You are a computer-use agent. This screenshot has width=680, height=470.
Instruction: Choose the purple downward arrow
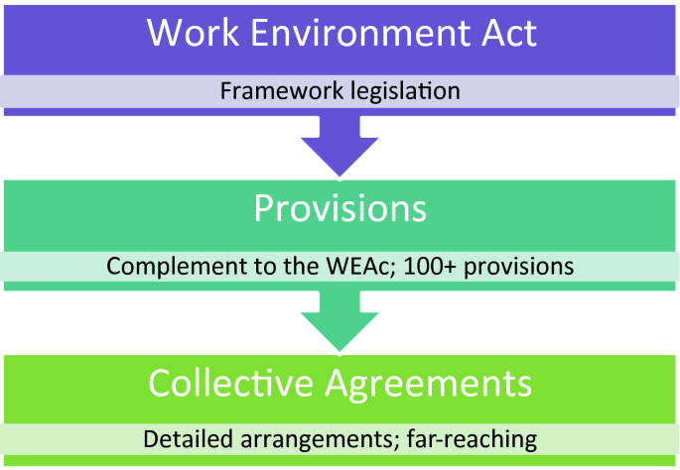click(x=340, y=145)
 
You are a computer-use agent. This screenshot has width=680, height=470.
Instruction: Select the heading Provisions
click(x=340, y=208)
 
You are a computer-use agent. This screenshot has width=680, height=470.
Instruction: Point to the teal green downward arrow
click(x=340, y=320)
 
